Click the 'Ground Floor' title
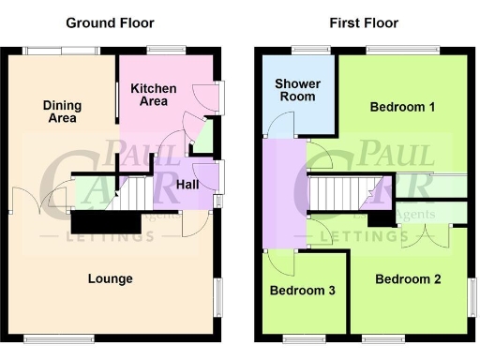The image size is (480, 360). pos(110,22)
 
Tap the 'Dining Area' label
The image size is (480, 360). pos(60,112)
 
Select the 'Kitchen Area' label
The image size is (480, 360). pos(153,94)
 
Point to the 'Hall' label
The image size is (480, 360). pos(187,185)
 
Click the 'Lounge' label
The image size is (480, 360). pos(110,278)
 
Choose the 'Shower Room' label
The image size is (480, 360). pos(297,90)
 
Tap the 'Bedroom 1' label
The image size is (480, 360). pos(402,107)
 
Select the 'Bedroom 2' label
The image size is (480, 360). pos(408,278)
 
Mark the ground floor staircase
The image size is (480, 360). pos(132,194)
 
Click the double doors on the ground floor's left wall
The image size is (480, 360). pos(40,202)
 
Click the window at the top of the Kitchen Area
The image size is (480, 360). pos(167,51)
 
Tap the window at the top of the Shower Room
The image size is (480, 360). pos(304,51)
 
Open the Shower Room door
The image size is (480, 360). pos(277,127)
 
